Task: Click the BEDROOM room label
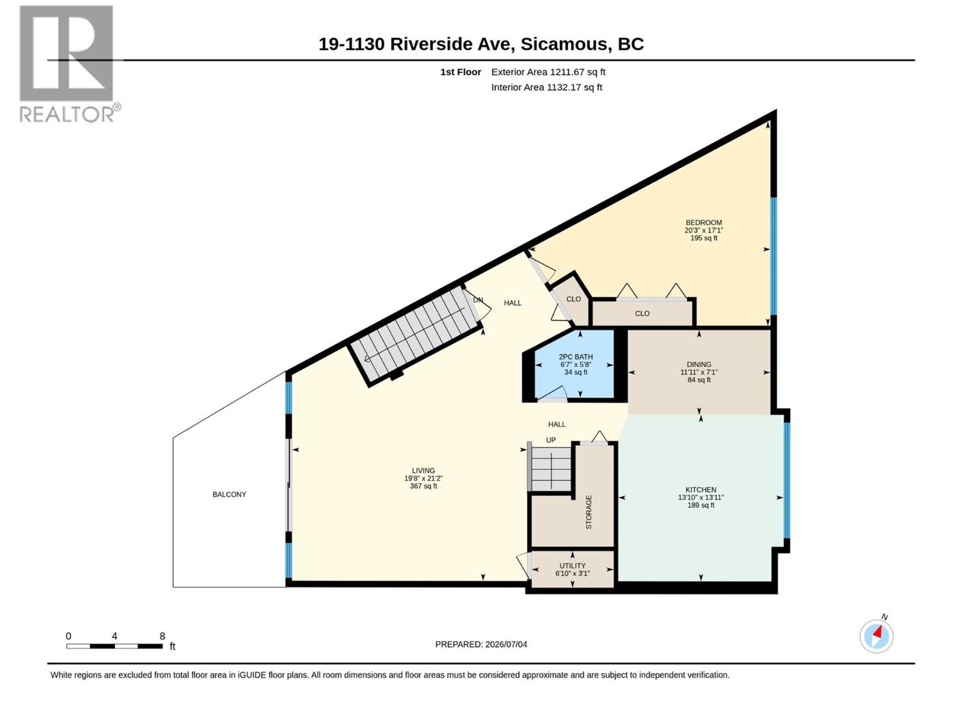click(x=704, y=223)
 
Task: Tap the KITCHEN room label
click(x=701, y=490)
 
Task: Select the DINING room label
click(x=699, y=364)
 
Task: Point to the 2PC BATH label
click(x=575, y=357)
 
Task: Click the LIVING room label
click(x=423, y=471)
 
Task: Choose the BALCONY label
click(x=229, y=495)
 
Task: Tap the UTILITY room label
click(x=572, y=566)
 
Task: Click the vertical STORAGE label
click(x=589, y=511)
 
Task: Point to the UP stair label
click(x=551, y=440)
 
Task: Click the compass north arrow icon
click(x=876, y=637)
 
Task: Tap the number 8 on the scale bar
click(x=163, y=636)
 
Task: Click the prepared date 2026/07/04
click(x=506, y=644)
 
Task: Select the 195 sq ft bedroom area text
click(x=704, y=238)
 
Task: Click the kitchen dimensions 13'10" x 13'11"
click(x=701, y=498)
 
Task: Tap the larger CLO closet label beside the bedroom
click(x=642, y=313)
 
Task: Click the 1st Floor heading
click(x=460, y=72)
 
